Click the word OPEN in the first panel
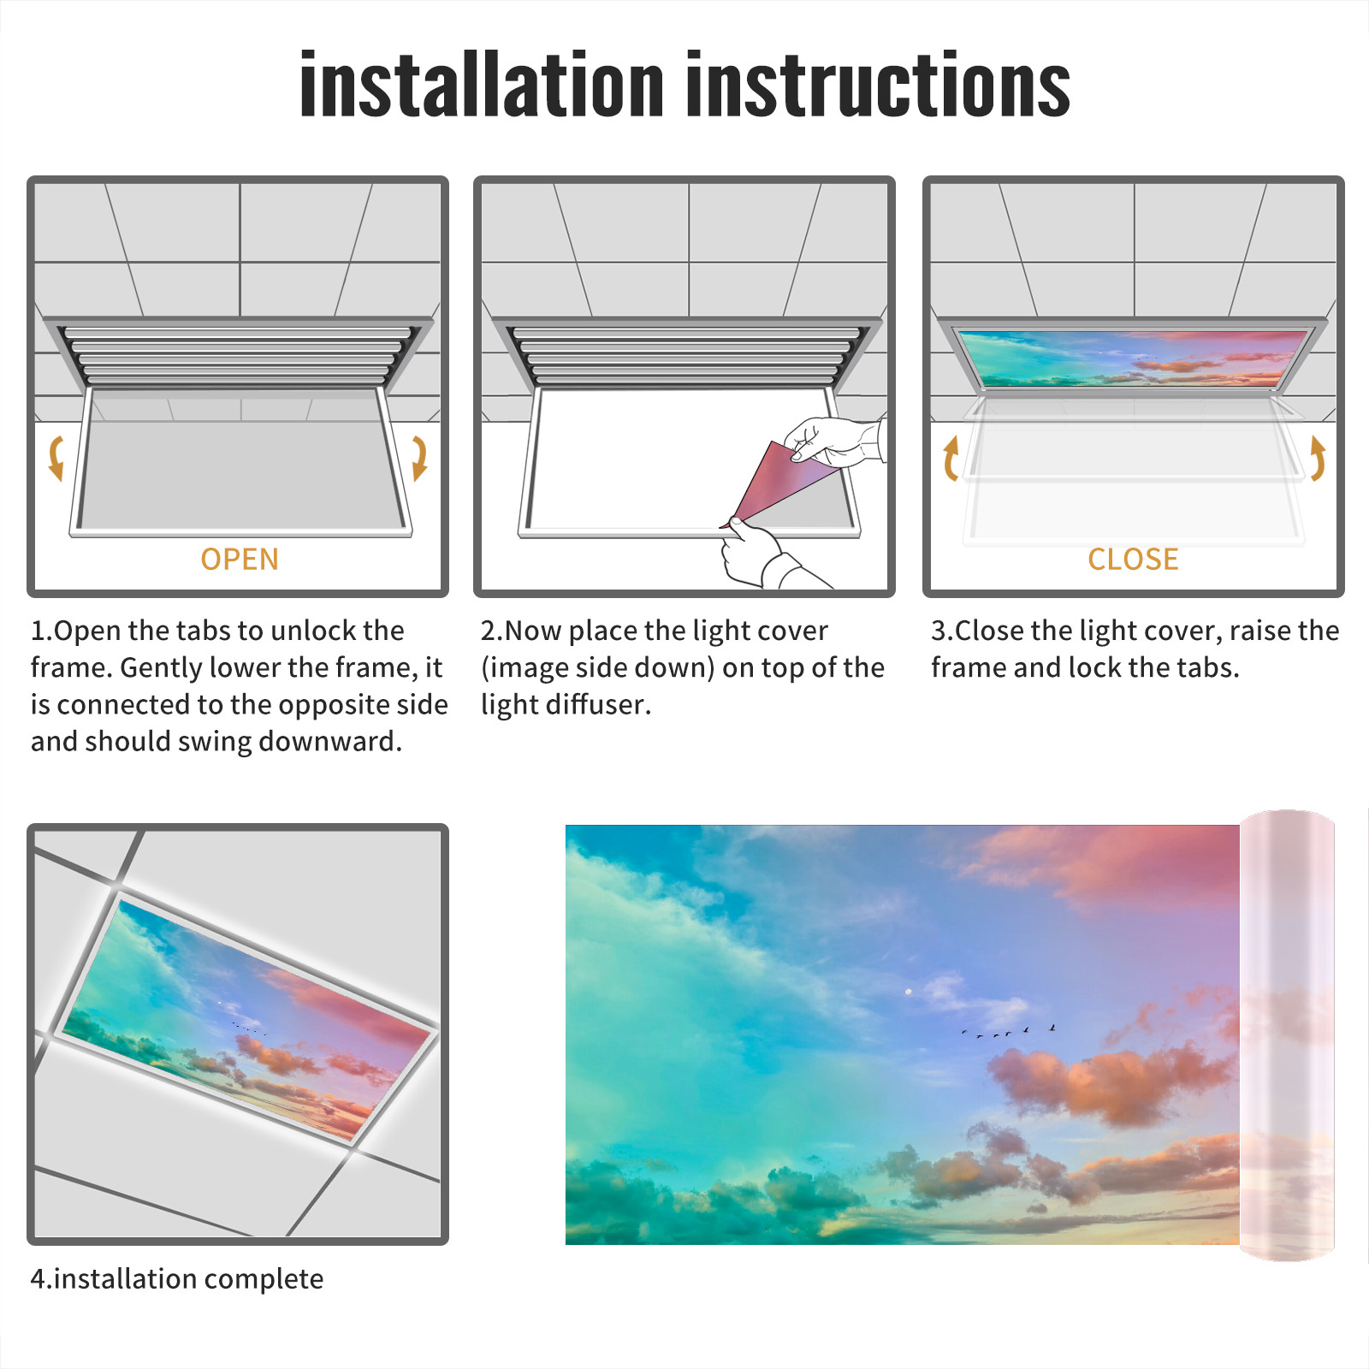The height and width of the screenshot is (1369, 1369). click(240, 560)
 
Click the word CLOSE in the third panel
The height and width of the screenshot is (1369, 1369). click(1133, 560)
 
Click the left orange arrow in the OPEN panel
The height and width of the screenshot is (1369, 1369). click(56, 458)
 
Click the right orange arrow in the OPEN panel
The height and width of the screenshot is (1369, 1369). click(419, 458)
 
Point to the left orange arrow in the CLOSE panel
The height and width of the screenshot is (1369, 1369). click(951, 458)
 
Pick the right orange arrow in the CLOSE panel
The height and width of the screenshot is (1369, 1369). click(1318, 458)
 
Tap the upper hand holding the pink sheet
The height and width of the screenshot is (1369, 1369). click(834, 441)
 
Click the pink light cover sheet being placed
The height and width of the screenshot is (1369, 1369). click(774, 483)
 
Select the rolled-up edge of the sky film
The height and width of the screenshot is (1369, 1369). click(1287, 1035)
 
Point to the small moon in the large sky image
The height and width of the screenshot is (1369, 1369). click(909, 992)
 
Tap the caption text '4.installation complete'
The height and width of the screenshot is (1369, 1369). click(177, 1279)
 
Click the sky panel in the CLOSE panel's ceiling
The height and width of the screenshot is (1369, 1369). click(1134, 358)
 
